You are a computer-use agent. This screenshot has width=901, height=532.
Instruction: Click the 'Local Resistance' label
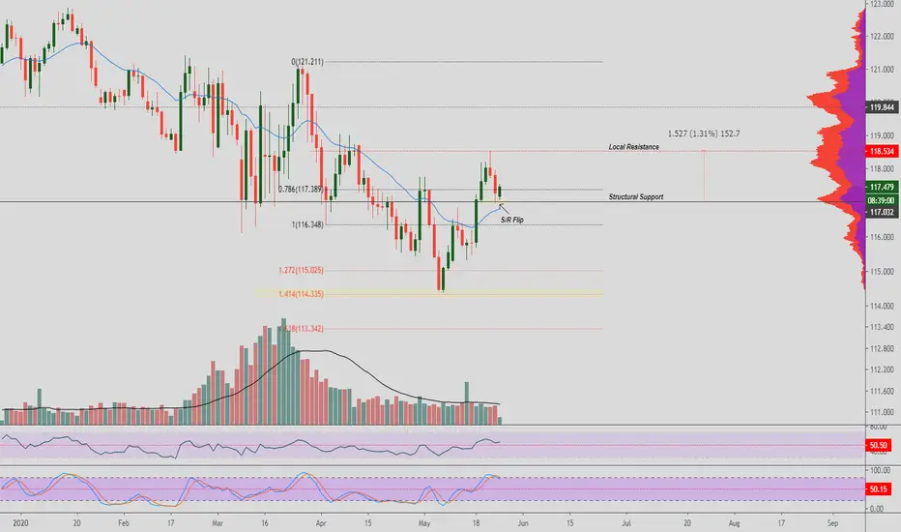pos(633,147)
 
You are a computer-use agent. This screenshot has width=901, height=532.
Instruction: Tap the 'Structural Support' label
pos(636,197)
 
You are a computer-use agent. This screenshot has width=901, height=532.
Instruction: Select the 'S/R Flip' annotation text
pos(513,221)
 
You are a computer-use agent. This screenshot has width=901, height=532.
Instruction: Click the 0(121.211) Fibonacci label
pos(307,62)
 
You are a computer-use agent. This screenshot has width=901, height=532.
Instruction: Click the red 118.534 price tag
pos(880,152)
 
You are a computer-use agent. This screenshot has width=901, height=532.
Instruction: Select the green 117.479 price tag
pos(880,187)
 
